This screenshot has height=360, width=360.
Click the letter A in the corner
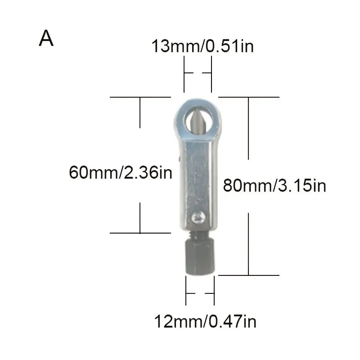click(x=46, y=39)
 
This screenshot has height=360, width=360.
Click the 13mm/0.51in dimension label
click(x=202, y=46)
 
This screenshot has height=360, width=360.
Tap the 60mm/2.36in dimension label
click(x=121, y=172)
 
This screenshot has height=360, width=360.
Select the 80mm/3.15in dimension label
click(x=274, y=185)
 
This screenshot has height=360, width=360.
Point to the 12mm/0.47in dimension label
click(x=205, y=322)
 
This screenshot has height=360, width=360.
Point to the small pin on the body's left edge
click(x=178, y=158)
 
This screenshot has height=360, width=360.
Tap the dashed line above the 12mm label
click(x=200, y=293)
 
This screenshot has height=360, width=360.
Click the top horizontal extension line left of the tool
click(x=140, y=97)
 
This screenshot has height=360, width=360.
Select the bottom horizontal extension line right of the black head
click(x=247, y=275)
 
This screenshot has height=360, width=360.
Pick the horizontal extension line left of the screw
click(x=140, y=233)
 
